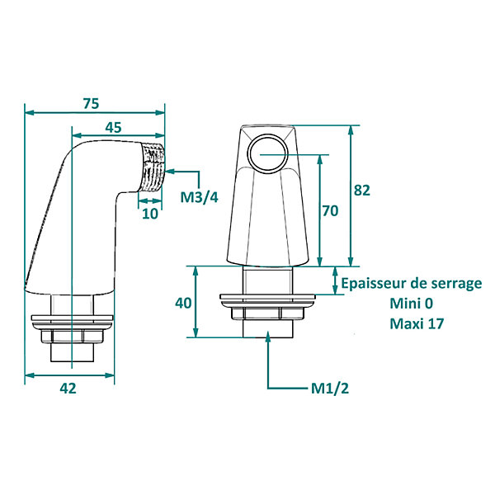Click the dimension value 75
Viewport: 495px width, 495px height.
pos(92,104)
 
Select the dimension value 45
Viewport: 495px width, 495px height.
pos(113,128)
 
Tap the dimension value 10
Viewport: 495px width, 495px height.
pos(150,214)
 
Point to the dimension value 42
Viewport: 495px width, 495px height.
pos(68,389)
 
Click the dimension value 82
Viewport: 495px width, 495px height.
pos(362,191)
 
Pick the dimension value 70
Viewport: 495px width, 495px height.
pos(330,211)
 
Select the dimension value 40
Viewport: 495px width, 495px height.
pos(183,303)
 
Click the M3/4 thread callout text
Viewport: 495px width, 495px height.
pos(199,197)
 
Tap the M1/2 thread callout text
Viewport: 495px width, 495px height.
pos(330,389)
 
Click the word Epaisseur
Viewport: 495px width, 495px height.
pos(373,284)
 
